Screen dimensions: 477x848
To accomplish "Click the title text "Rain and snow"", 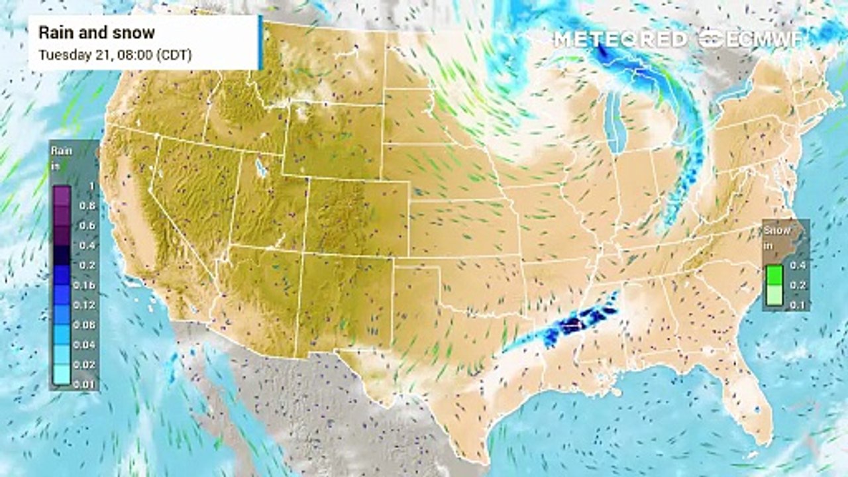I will [x=97, y=32].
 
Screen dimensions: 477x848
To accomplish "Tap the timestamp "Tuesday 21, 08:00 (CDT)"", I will [x=115, y=54].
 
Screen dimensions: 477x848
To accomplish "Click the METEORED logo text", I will [x=621, y=39].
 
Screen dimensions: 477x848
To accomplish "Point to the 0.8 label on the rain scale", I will [x=87, y=206].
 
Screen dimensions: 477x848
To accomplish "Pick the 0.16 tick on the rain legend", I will [x=88, y=286].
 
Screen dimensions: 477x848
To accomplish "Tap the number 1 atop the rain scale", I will [x=91, y=186].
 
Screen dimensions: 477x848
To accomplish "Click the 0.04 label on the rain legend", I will [x=88, y=345].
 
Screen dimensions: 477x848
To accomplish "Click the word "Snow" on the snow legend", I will [x=776, y=231].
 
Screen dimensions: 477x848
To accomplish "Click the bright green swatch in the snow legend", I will [x=774, y=275].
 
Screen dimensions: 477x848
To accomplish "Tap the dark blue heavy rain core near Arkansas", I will [x=571, y=324].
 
